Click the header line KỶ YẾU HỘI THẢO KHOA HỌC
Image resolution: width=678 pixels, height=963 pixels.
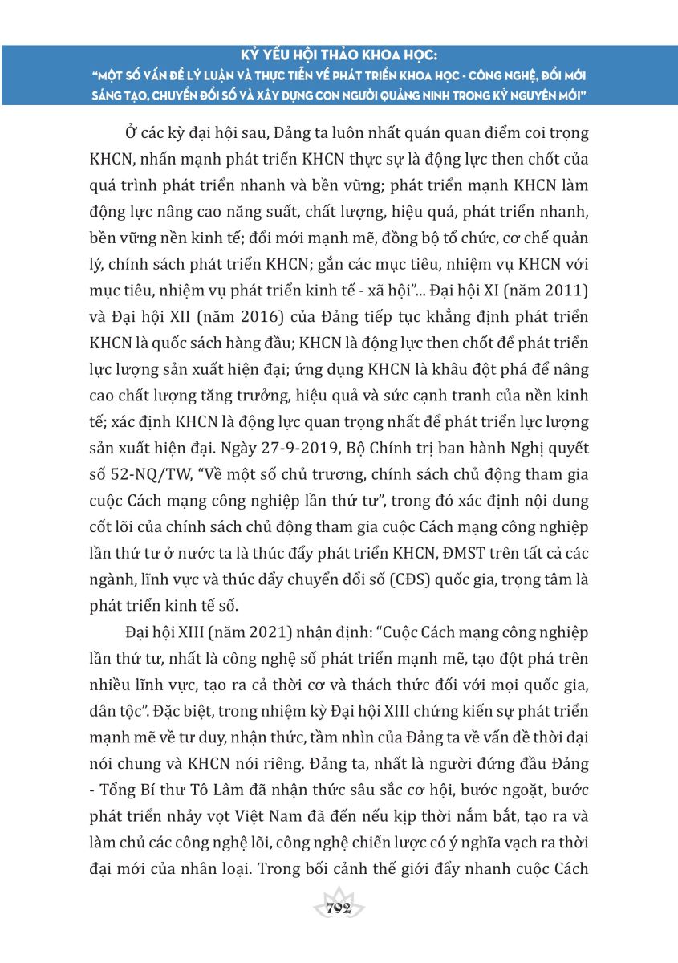click(339, 58)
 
